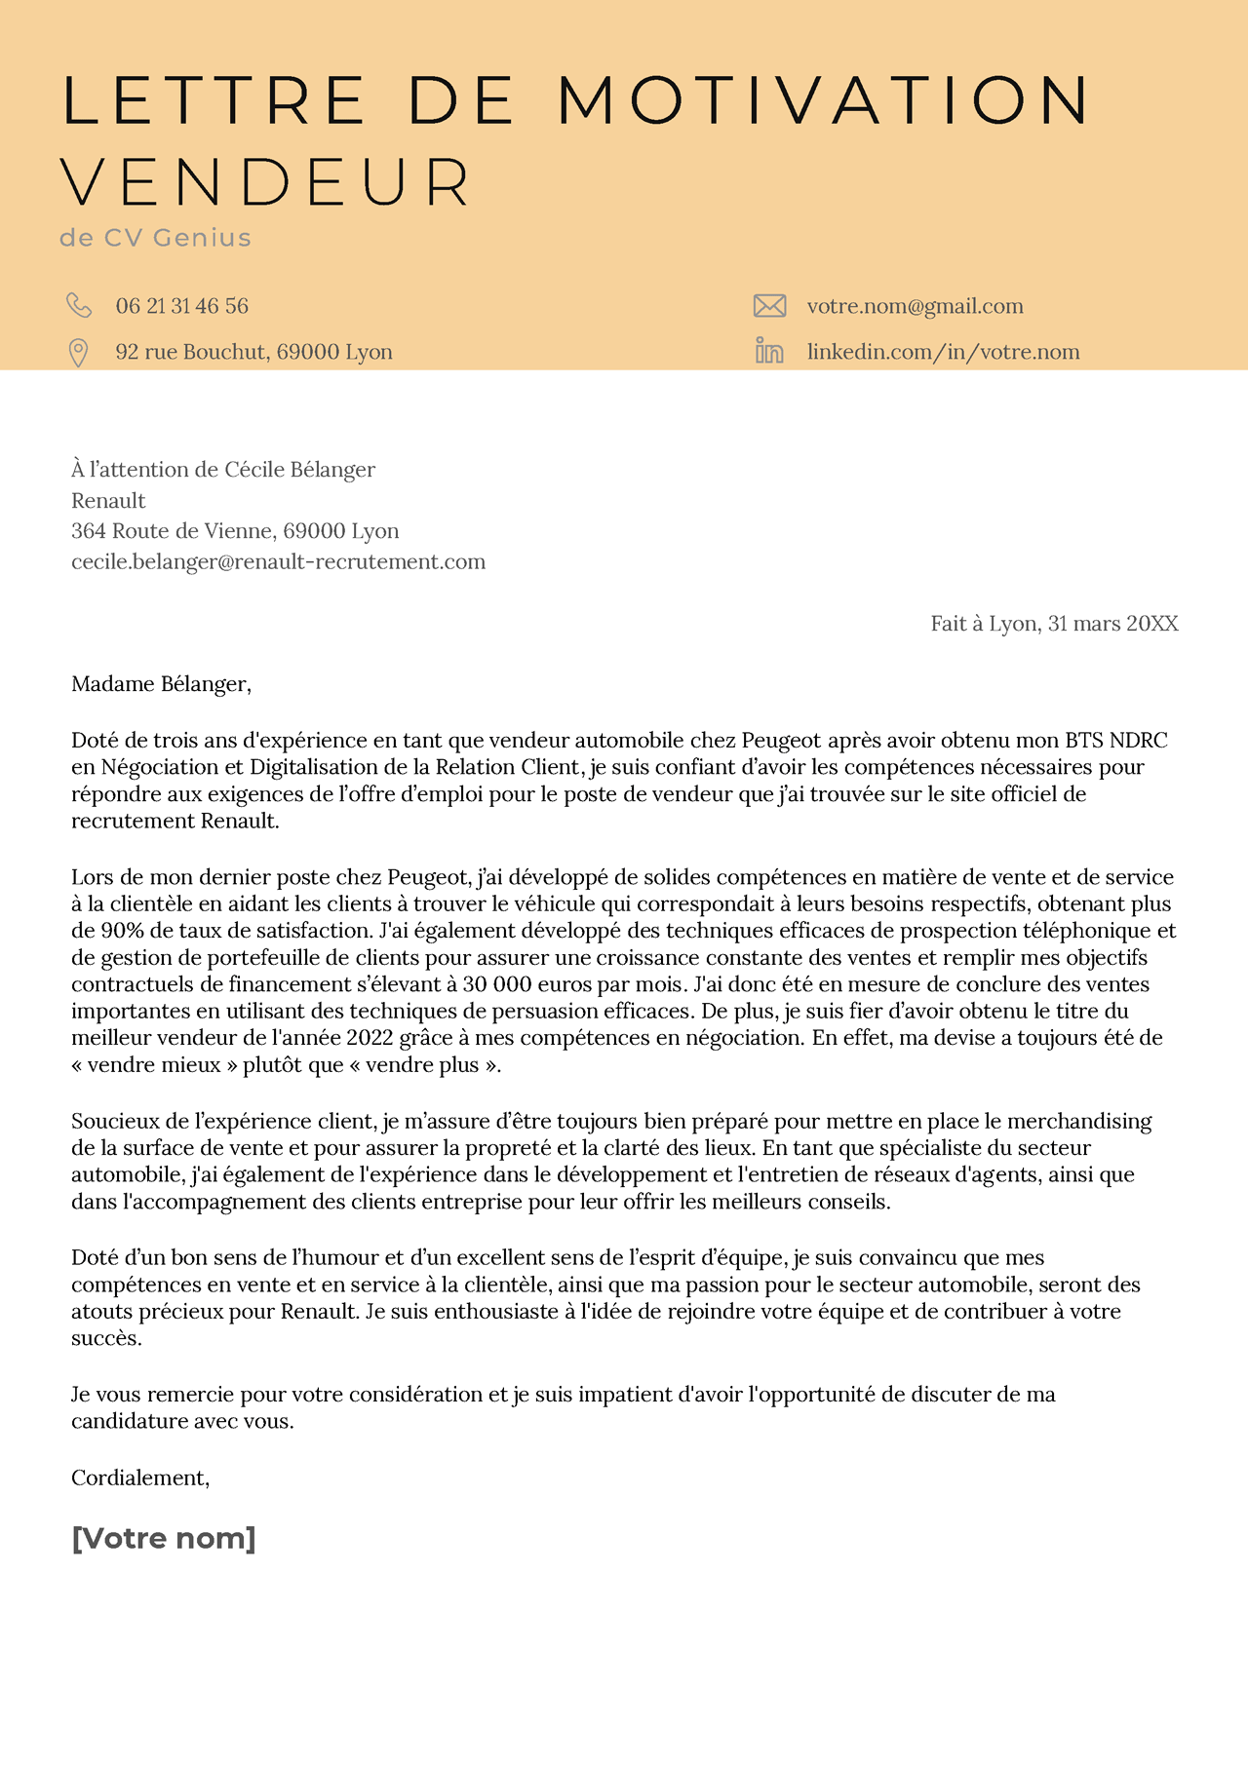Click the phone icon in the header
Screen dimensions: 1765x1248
[x=79, y=305]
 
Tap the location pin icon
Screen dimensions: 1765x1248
[x=78, y=353]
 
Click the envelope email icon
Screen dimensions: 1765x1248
[x=769, y=306]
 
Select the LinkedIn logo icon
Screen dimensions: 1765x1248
[x=769, y=351]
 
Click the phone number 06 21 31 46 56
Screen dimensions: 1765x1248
[x=181, y=306]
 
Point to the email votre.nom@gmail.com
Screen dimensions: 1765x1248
[x=915, y=306]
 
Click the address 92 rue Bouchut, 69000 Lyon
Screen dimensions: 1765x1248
[x=253, y=352]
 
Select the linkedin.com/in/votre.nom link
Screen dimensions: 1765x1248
[x=943, y=352]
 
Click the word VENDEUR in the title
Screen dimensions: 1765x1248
[x=266, y=182]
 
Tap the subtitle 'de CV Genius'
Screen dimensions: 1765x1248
[x=155, y=238]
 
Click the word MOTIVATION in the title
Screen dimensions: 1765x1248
[x=824, y=99]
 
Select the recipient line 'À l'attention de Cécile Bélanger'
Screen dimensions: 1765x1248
[x=223, y=470]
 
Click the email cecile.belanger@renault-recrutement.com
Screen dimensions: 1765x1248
[x=278, y=561]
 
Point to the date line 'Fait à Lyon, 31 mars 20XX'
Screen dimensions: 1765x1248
[x=1054, y=624]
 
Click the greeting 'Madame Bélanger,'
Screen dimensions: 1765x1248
[x=161, y=684]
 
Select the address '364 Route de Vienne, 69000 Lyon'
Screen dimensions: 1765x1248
[x=235, y=531]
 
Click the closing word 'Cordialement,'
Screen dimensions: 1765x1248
[x=140, y=1477]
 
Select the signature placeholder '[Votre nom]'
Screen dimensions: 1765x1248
[x=164, y=1539]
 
